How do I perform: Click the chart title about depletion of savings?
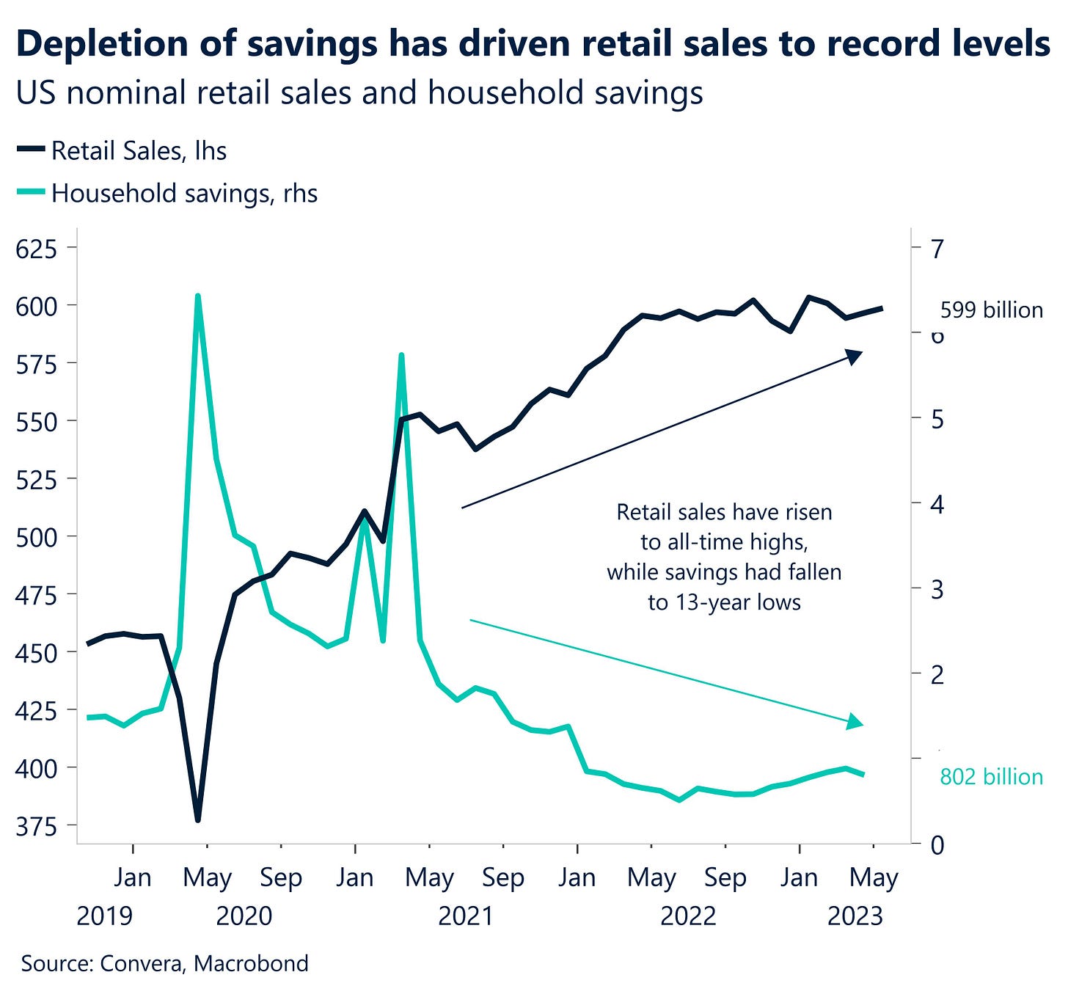point(533,44)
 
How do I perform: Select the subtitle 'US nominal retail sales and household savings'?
point(359,93)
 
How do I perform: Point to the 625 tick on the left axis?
point(36,249)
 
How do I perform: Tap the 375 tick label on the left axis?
point(36,826)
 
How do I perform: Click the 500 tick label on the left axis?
point(36,537)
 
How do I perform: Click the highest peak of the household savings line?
point(197,296)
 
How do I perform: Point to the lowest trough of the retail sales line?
point(197,819)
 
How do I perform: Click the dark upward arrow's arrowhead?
point(855,356)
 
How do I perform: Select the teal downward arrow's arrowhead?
point(855,722)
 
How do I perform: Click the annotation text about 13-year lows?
point(724,557)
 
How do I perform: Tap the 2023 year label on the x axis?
point(855,916)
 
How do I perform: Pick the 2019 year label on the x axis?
point(105,916)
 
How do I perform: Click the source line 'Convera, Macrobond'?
point(165,963)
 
